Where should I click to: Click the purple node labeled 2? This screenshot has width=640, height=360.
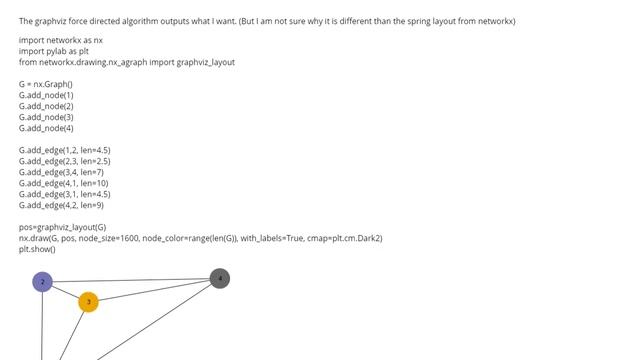point(42,282)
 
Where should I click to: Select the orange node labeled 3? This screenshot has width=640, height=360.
point(88,301)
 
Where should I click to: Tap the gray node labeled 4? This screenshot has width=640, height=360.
point(220,278)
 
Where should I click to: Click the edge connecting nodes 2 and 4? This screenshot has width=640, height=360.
point(130,280)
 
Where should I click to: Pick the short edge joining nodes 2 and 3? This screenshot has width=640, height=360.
point(65,291)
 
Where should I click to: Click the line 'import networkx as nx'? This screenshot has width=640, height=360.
point(61,40)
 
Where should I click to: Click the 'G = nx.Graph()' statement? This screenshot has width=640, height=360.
point(46,84)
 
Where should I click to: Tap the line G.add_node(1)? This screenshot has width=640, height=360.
point(46,95)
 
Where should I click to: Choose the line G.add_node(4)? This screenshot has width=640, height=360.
point(46,128)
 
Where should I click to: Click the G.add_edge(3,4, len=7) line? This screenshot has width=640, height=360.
point(61,172)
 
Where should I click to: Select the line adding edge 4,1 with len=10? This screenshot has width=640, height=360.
point(63,183)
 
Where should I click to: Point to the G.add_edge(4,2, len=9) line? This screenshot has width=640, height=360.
point(61,205)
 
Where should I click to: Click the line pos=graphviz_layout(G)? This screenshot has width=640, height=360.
point(62,227)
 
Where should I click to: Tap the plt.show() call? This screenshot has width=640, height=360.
point(37,249)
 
